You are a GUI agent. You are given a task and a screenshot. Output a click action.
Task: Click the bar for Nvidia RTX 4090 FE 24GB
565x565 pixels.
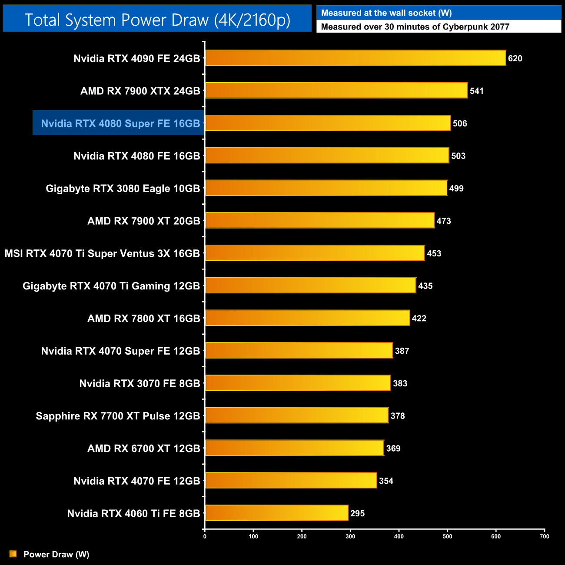[355, 58]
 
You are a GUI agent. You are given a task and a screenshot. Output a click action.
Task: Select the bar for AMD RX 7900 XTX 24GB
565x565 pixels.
[336, 91]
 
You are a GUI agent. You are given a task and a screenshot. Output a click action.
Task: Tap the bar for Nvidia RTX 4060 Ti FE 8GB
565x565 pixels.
[276, 513]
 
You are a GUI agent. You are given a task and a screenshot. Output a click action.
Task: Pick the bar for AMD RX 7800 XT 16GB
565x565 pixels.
[307, 318]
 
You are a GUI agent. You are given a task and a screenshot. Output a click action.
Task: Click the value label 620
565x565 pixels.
[515, 59]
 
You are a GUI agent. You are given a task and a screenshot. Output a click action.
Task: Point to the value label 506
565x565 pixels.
[460, 123]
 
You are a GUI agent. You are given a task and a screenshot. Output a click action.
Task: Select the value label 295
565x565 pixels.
[357, 514]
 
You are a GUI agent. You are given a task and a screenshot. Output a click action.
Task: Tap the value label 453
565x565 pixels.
[434, 253]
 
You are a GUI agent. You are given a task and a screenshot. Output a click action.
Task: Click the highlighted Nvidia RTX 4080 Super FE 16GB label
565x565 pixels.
[120, 123]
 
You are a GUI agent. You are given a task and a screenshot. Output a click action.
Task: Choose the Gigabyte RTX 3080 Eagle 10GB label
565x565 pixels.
[123, 189]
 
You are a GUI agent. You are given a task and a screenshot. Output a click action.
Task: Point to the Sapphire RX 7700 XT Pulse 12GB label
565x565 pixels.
[118, 416]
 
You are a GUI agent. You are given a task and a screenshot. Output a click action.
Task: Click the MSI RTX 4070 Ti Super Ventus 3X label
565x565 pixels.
[102, 253]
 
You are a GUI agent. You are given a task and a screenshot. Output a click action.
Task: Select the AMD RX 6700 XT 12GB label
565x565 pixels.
[143, 449]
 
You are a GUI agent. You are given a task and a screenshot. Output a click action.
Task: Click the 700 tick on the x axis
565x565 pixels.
[545, 536]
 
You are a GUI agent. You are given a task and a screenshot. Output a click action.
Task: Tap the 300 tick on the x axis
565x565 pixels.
[350, 536]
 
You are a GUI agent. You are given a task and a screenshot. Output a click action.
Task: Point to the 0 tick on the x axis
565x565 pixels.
[205, 536]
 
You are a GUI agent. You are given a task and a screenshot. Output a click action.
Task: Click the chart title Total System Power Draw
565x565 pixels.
[157, 20]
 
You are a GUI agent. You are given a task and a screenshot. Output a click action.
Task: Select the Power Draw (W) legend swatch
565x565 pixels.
[13, 554]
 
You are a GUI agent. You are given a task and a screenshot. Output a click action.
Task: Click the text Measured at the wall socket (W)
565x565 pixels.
[386, 13]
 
